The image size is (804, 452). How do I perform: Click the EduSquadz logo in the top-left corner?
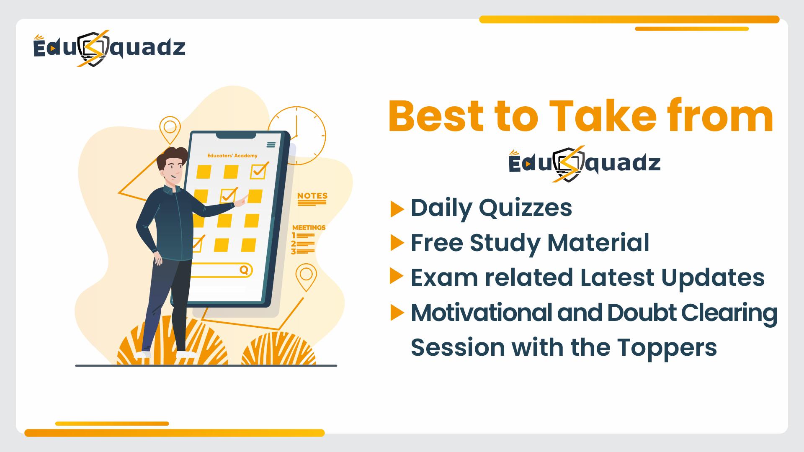click(109, 48)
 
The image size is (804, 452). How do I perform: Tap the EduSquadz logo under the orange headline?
click(585, 164)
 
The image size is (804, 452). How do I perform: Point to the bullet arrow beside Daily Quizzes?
click(397, 209)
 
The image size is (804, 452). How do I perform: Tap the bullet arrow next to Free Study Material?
click(397, 243)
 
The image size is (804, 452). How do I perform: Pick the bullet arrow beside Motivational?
click(397, 313)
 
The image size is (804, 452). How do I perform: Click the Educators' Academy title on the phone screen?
click(232, 156)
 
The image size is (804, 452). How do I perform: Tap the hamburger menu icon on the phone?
click(271, 145)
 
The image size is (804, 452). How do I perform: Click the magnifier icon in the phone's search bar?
click(244, 270)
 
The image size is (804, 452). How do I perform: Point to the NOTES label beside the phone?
click(312, 196)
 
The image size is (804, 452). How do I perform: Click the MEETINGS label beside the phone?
click(309, 228)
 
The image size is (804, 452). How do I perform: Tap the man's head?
click(170, 166)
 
